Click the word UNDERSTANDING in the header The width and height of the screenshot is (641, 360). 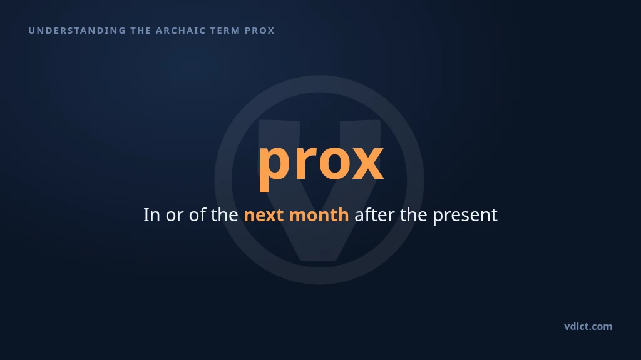(77, 31)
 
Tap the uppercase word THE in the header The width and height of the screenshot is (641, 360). (141, 31)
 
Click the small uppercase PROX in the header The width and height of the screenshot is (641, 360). (260, 31)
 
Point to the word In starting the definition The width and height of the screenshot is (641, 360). (151, 215)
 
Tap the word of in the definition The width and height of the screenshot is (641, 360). (197, 215)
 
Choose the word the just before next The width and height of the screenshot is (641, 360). (225, 215)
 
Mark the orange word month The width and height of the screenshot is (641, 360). (319, 215)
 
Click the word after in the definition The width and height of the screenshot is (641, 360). (374, 215)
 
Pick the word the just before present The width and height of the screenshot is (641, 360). (414, 215)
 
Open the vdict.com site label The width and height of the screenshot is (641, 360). (588, 326)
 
